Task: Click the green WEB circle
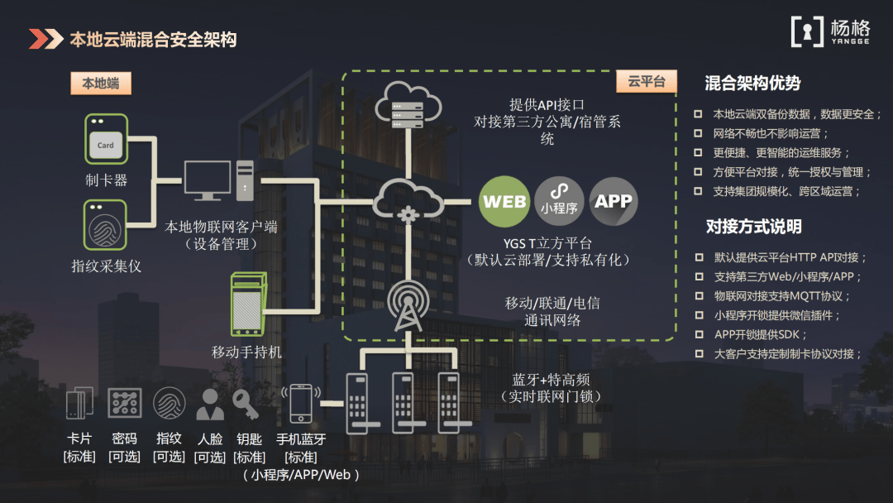[504, 201]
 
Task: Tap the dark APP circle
[614, 201]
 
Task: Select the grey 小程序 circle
[559, 201]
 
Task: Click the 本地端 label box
[101, 83]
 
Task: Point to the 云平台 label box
[647, 81]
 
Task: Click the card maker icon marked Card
[106, 139]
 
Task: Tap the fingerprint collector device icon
[106, 224]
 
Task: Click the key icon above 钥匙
[246, 405]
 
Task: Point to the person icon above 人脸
[209, 405]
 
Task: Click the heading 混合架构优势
[752, 83]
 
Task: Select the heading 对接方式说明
[753, 227]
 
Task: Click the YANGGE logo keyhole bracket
[807, 31]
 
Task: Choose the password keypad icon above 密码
[125, 404]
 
